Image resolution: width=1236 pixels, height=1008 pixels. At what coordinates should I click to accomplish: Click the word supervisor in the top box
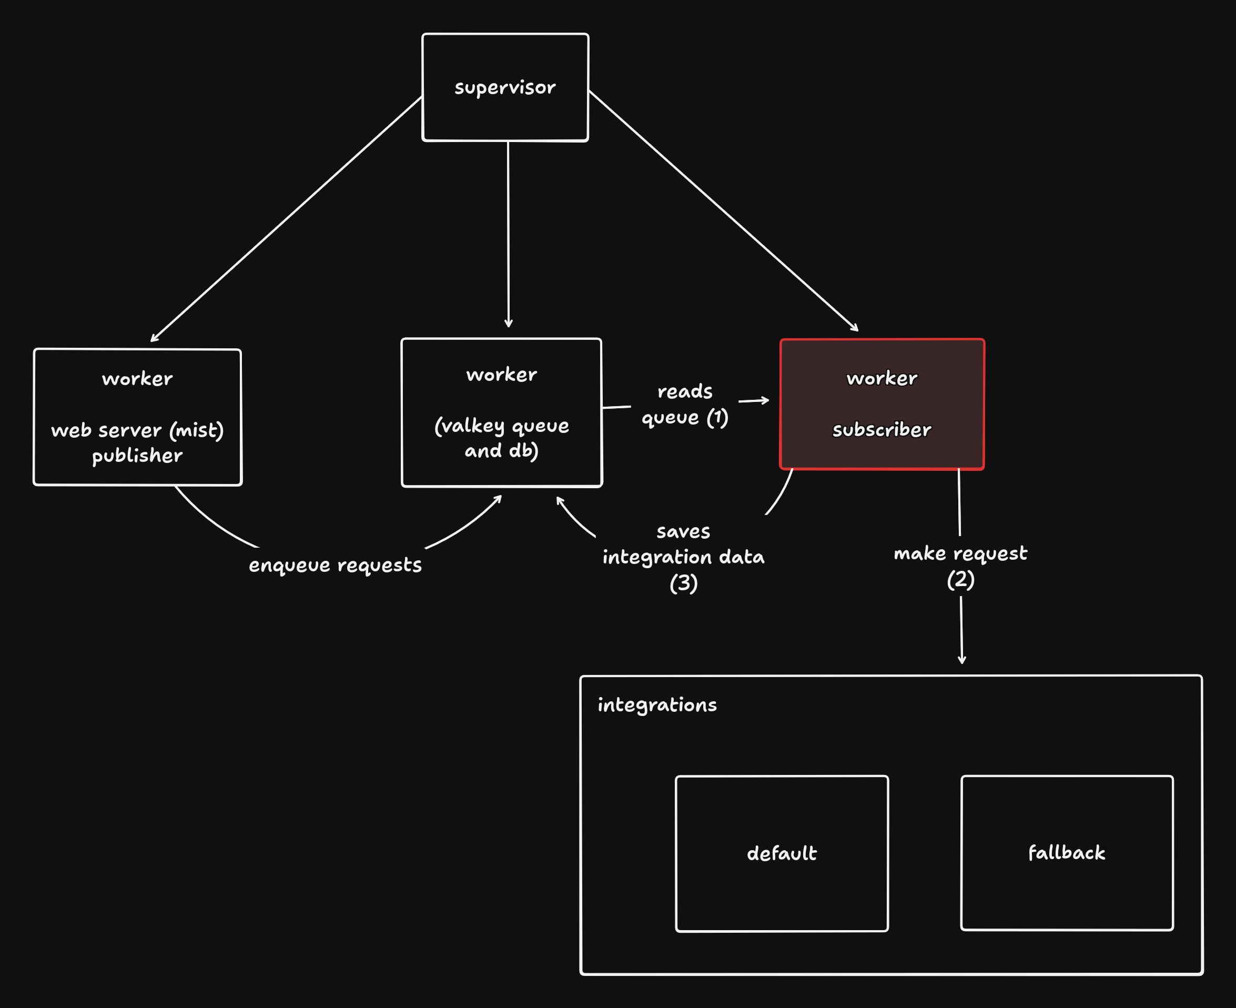[x=504, y=88]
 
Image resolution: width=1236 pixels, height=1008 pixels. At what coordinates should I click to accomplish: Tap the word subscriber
[x=882, y=430]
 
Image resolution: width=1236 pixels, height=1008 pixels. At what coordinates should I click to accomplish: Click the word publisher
[x=137, y=456]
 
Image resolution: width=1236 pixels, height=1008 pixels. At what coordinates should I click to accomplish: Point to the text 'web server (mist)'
[x=137, y=430]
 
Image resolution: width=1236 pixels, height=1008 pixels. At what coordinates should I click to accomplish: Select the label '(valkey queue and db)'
[x=502, y=438]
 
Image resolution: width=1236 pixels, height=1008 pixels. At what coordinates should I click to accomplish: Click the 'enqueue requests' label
[x=335, y=565]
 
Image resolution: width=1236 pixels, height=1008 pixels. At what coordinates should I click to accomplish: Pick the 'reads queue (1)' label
[x=684, y=404]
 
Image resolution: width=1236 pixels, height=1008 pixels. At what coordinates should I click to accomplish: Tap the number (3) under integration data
[x=683, y=583]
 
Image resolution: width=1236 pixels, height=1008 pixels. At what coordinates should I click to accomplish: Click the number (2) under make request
[x=960, y=579]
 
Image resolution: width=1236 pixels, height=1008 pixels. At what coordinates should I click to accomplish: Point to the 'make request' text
[x=960, y=553]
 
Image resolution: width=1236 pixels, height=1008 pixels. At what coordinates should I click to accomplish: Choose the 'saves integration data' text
[x=683, y=545]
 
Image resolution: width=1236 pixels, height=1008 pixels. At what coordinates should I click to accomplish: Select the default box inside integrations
[x=782, y=853]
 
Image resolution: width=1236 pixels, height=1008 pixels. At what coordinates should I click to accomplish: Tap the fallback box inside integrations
[x=1067, y=853]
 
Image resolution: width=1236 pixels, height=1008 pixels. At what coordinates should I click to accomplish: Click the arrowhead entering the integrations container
[x=961, y=660]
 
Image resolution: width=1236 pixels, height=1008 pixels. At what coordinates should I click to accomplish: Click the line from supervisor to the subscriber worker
[x=723, y=211]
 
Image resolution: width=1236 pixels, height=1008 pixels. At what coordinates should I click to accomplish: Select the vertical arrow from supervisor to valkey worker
[x=508, y=232]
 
